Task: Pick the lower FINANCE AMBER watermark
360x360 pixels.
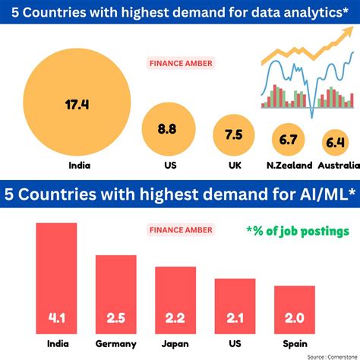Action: pos(181,229)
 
